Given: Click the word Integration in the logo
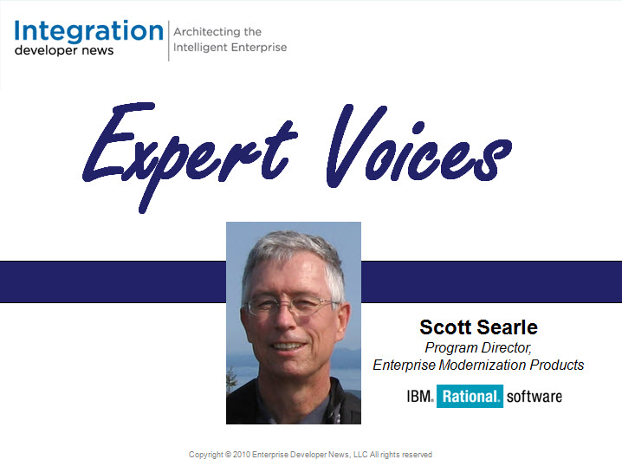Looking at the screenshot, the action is pos(89,32).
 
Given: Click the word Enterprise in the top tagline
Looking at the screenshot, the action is pos(258,47).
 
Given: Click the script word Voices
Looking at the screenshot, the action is pos(419,146).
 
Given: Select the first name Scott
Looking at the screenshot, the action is pos(445,327).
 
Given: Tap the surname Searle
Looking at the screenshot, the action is pos(508,327).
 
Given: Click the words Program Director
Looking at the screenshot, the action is pos(478,348).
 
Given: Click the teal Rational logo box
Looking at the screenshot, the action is pos(470,396).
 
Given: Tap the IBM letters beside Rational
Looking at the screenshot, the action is pos(419,396).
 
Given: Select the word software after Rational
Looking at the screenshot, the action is pos(535,397).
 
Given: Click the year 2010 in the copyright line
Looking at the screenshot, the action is pos(242,455).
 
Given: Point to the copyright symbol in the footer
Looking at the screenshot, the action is pos(228,455).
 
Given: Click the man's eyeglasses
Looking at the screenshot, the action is pos(291,306).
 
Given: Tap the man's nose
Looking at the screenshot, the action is pos(284,320).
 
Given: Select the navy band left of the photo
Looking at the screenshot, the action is pos(113,282).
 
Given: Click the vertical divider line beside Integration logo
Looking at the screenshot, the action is pos(169,41).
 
